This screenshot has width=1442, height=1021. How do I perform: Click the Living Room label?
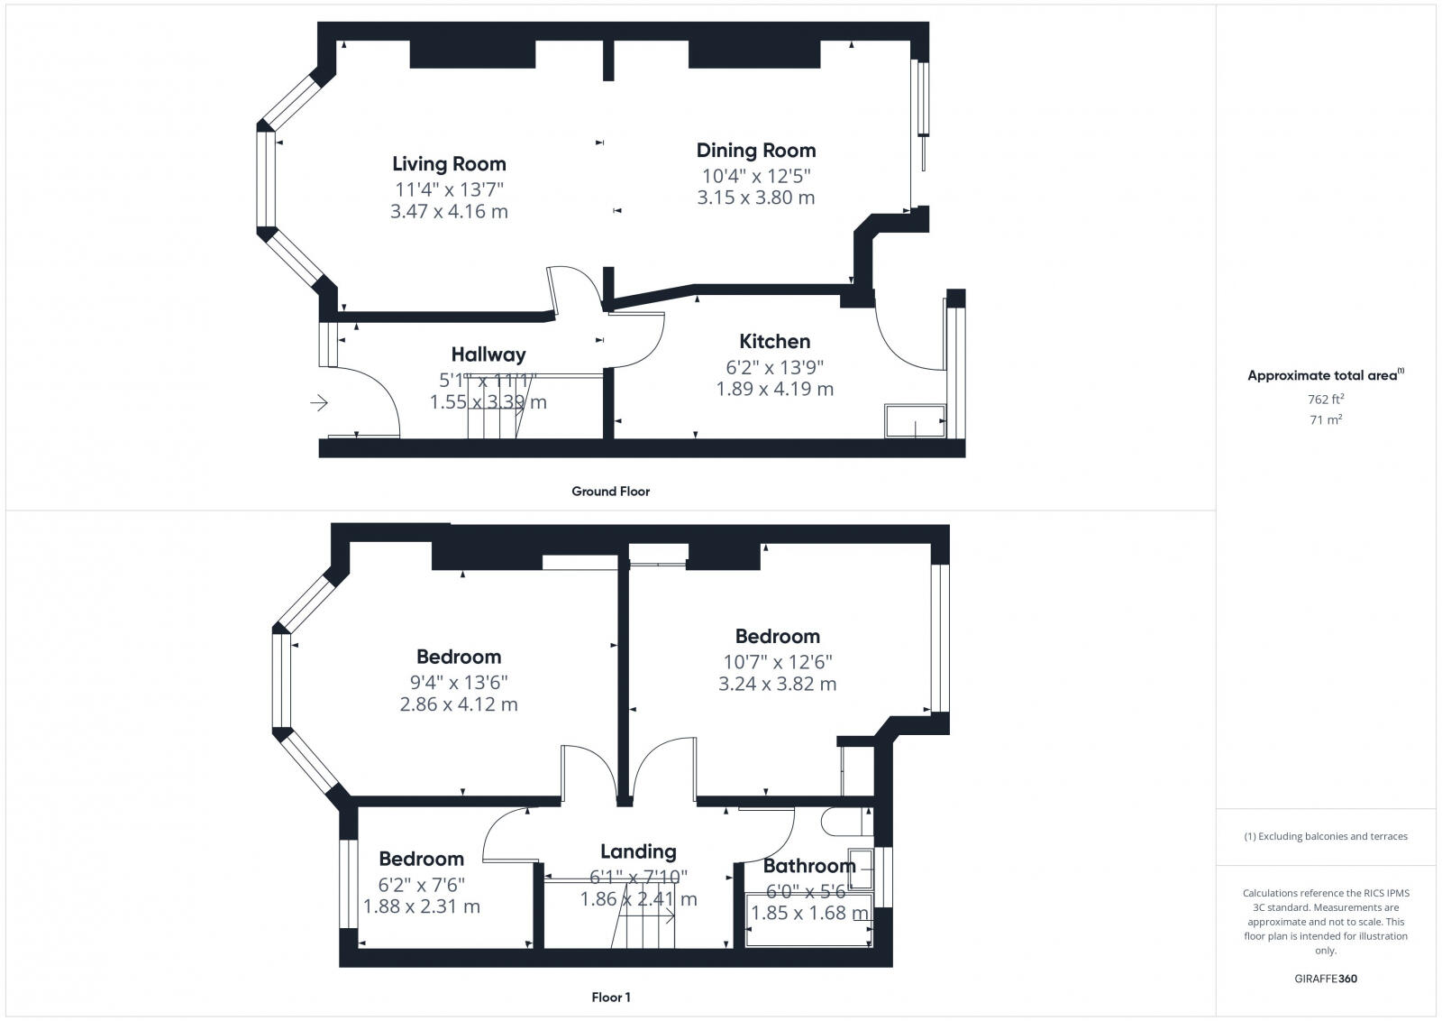tap(449, 164)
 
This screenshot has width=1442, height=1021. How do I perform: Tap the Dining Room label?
tap(755, 151)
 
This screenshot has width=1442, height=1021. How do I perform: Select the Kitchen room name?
tap(774, 341)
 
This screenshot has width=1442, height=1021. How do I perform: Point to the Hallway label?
tap(488, 354)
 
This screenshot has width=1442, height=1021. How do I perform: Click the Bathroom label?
tap(808, 866)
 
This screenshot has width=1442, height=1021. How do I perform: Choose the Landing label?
tap(638, 851)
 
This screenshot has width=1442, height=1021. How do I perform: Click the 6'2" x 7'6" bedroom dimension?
tap(422, 884)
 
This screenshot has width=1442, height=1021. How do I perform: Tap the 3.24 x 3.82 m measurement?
tap(777, 684)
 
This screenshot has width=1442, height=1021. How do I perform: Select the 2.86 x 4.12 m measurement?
tap(459, 704)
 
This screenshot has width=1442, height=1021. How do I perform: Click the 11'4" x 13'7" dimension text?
tap(449, 189)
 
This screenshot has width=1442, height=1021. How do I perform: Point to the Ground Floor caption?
tap(610, 492)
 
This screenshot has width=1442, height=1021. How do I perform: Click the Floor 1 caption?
tap(610, 998)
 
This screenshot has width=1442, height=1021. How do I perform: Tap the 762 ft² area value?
tap(1325, 399)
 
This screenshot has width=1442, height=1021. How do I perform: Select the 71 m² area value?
tap(1325, 419)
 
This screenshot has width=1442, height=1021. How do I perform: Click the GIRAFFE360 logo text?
tap(1325, 979)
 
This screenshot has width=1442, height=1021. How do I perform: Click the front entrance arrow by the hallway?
tap(319, 403)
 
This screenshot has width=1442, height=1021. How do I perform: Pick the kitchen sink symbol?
tap(915, 420)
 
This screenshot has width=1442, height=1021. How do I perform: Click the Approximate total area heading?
tap(1325, 375)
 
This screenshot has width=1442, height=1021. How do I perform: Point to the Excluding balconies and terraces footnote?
tap(1325, 836)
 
